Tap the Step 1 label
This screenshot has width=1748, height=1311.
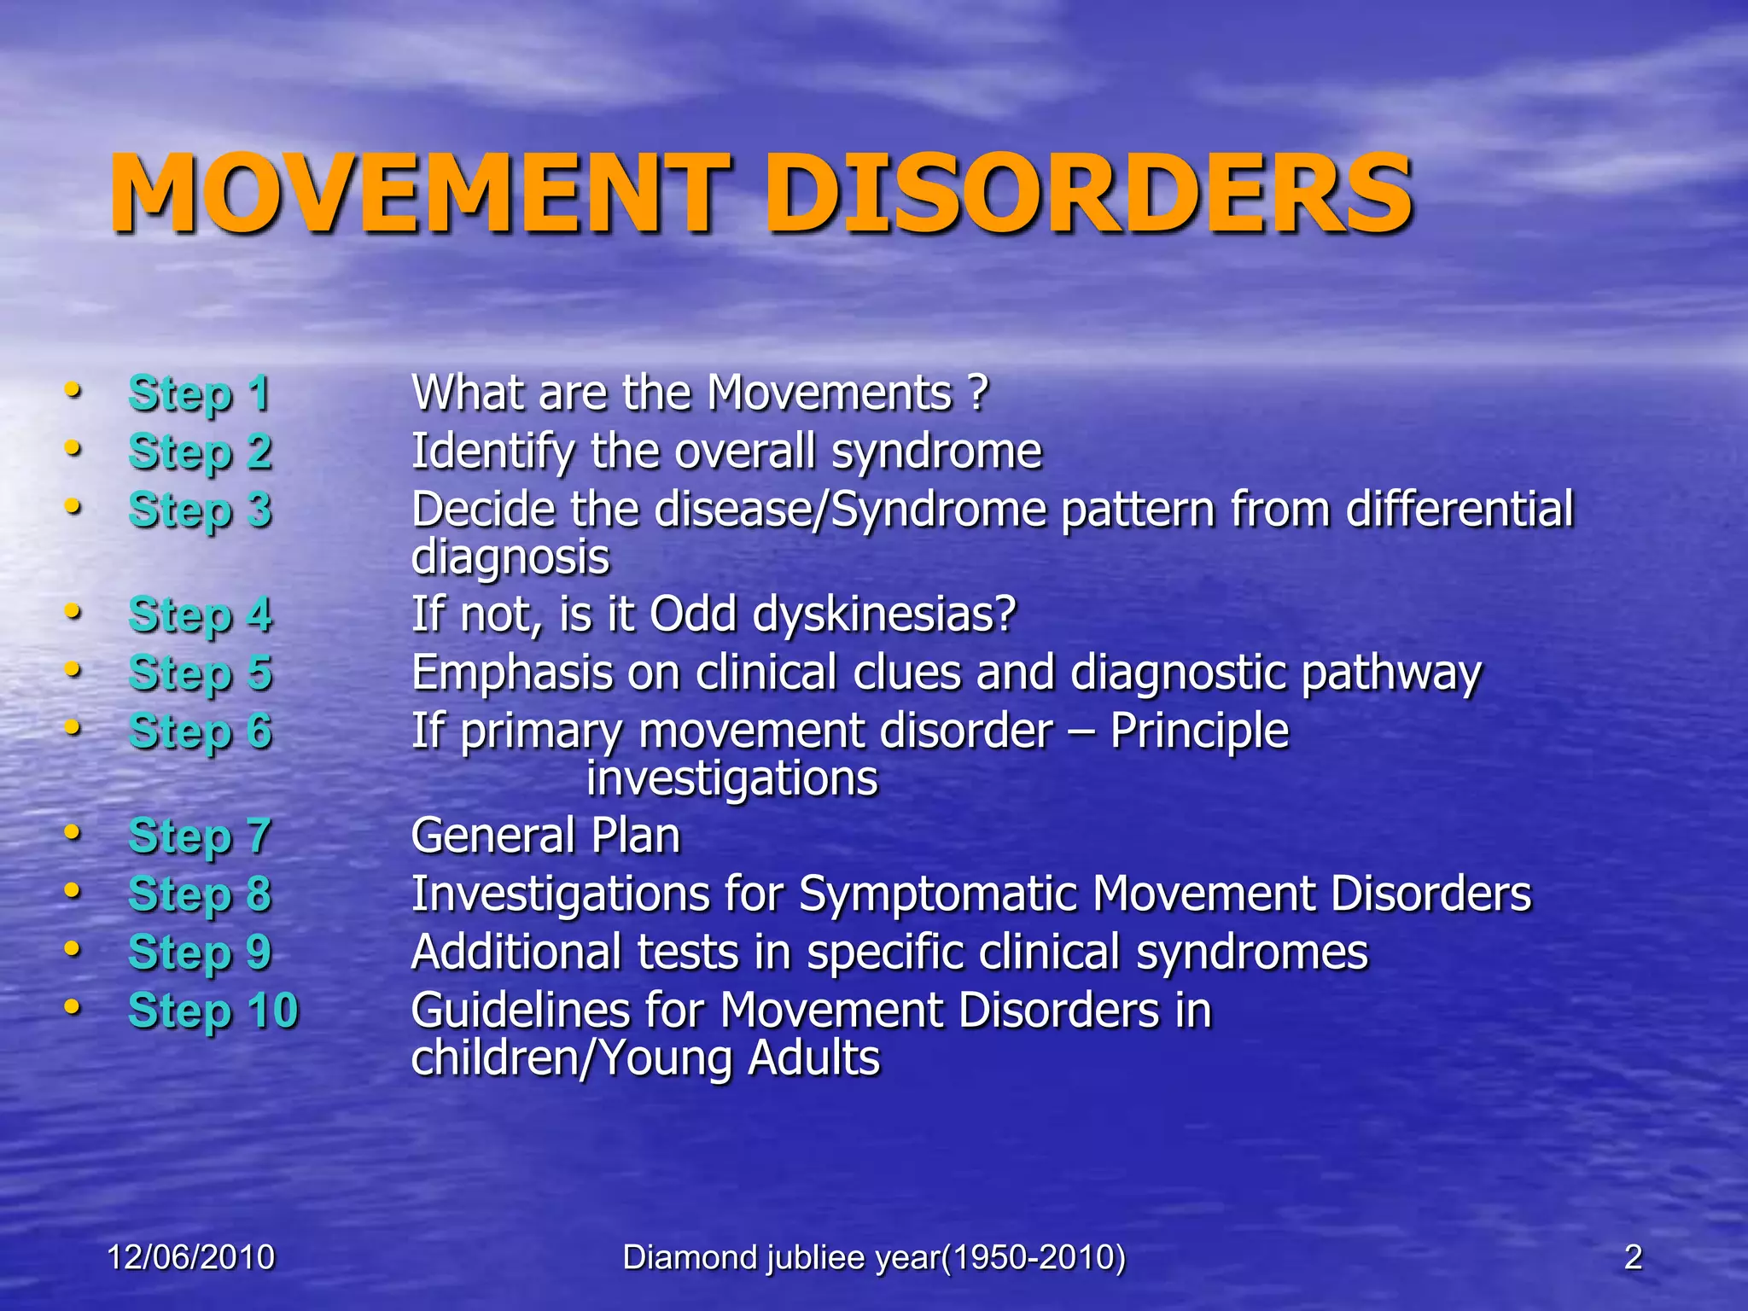200,394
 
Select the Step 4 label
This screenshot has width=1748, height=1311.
200,615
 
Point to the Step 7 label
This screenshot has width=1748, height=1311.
200,836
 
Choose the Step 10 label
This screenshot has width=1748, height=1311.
213,1011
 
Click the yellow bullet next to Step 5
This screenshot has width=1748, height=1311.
73,670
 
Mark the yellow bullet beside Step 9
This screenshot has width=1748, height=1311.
73,948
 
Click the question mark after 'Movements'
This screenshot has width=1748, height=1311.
978,393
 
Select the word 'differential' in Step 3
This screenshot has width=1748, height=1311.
1460,510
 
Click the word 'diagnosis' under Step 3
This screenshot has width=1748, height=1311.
510,558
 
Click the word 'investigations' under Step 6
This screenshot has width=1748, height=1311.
731,779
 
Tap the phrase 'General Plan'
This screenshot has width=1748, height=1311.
545,836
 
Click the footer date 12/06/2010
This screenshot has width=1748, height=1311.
190,1257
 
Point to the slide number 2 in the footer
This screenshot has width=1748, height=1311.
1633,1257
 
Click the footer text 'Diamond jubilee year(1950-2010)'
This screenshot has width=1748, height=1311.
874,1257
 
